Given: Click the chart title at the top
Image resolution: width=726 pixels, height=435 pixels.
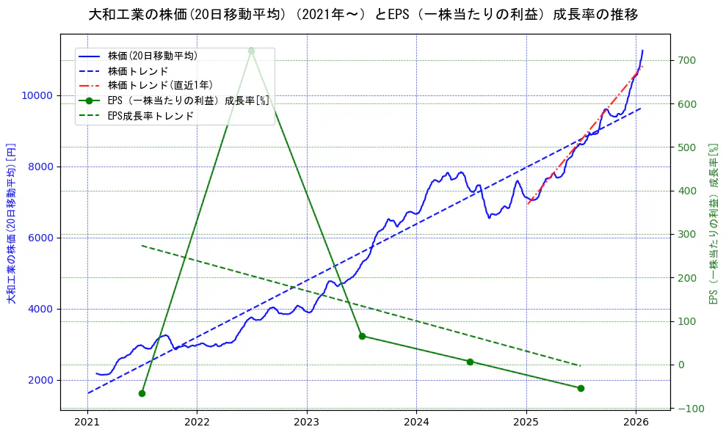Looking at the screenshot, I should (363, 15).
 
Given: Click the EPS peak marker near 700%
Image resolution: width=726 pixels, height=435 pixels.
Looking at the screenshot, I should (251, 51).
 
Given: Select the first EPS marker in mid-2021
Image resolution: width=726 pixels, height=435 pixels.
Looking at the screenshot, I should (142, 393).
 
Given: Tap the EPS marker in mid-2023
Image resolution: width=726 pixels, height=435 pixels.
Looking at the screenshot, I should (362, 336).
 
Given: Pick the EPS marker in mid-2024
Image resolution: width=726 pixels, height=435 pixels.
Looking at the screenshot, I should (470, 362).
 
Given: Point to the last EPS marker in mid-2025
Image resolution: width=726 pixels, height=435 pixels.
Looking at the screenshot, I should (581, 388).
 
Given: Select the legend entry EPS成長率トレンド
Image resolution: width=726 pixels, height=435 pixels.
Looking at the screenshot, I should (150, 116).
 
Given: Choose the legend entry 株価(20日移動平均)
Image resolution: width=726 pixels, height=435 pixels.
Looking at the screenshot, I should (152, 55).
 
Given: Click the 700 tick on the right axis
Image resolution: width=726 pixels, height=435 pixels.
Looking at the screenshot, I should (686, 60).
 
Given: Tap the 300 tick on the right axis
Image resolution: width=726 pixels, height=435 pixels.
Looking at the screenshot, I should (686, 234).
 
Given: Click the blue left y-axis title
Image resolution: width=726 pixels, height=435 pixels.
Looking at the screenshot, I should (11, 222).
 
